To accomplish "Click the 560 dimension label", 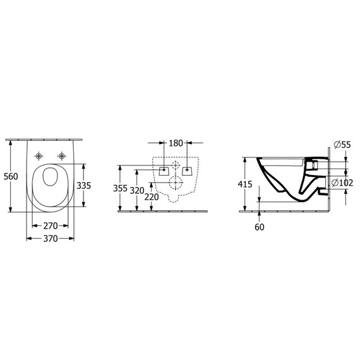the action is [x=11, y=176].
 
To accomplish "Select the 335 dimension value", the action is [x=83, y=185].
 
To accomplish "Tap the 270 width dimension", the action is [x=51, y=226].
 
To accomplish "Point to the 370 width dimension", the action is [x=51, y=239].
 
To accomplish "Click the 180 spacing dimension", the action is [x=176, y=143].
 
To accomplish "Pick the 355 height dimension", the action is [x=120, y=188].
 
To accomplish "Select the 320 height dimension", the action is [x=137, y=190].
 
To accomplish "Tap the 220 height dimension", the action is [x=152, y=197].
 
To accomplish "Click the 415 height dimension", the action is [x=245, y=184].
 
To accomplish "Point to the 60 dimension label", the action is [x=260, y=227].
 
